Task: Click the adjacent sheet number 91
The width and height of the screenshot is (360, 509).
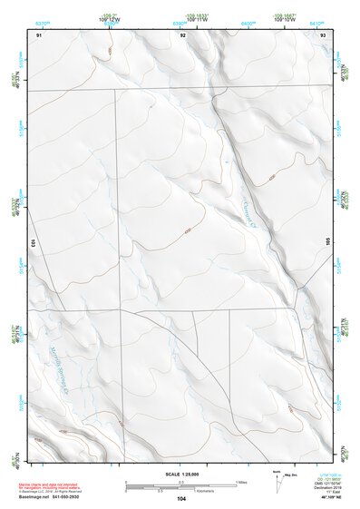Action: pos(39,34)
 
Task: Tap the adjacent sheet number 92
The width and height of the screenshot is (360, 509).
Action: pos(182,34)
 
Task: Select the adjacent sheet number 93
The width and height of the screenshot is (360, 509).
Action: pos(324,34)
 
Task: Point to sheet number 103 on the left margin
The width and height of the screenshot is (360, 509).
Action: pos(31,243)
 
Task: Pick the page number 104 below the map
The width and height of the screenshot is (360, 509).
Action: pos(181,499)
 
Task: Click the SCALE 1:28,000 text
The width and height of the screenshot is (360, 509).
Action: pos(181,474)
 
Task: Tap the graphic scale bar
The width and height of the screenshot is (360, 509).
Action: pos(180,487)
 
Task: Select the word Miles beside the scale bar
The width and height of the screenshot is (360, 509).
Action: pos(241,482)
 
